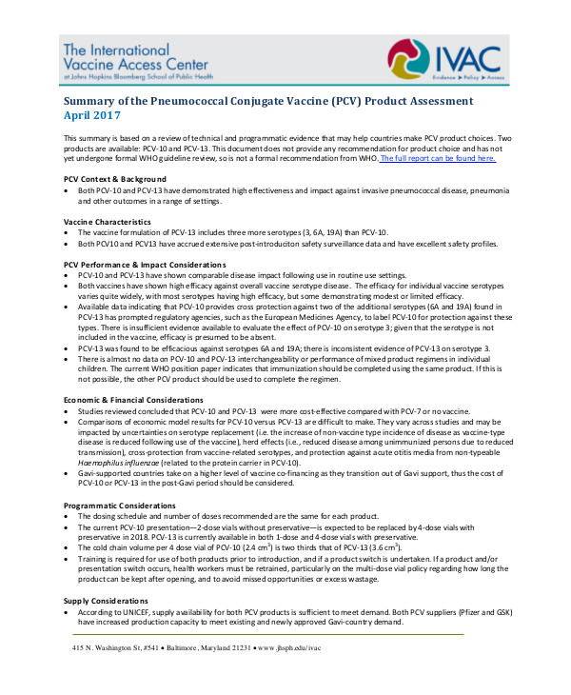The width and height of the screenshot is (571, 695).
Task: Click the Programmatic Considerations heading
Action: pyautogui.click(x=121, y=504)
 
